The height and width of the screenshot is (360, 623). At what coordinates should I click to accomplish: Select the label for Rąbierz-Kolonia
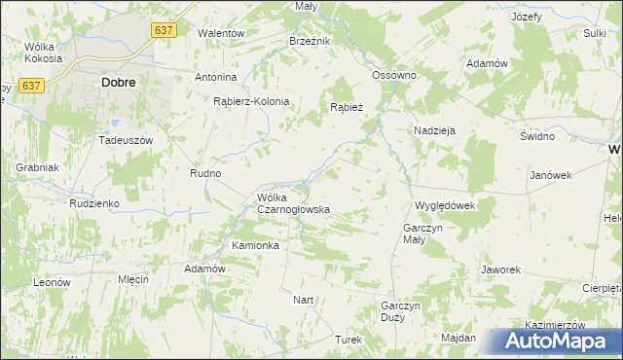pos(252,100)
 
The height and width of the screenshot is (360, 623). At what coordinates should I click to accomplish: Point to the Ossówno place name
pos(394,75)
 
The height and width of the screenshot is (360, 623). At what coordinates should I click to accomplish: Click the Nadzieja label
pos(434,129)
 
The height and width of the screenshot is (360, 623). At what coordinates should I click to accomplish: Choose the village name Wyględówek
pos(444,205)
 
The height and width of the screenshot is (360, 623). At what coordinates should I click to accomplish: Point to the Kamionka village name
pos(255,245)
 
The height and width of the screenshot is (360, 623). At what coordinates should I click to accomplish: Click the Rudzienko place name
pos(93,203)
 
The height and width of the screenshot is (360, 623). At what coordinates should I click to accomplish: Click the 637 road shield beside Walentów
pos(164,31)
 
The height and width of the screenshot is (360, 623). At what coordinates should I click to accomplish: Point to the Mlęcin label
pos(132,279)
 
